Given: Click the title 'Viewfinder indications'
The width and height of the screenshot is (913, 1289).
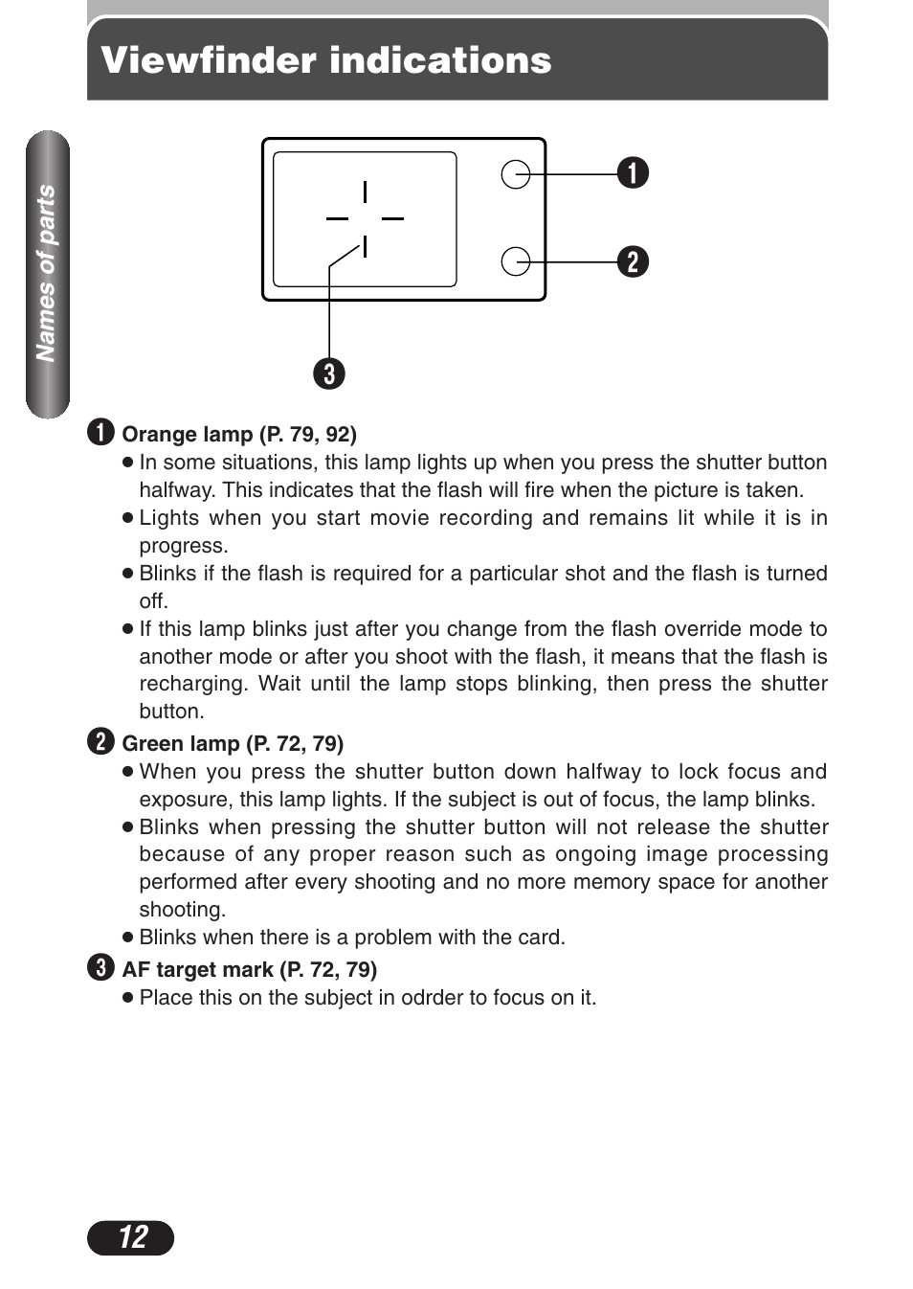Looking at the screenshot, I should (x=326, y=60).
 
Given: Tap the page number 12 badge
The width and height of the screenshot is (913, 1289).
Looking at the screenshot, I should (x=131, y=1237).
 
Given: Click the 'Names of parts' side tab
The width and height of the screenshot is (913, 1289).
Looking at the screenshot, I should (x=47, y=274).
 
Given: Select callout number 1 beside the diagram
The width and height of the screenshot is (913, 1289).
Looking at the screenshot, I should (x=633, y=173).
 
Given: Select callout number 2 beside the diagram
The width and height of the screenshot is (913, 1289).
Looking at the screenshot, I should (x=633, y=261).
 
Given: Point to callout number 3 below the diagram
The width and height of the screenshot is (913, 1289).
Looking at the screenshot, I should (x=329, y=373).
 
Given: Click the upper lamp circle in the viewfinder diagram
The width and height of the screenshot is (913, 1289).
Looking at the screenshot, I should (x=516, y=174).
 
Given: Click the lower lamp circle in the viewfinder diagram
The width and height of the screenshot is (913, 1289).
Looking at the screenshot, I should (x=516, y=261).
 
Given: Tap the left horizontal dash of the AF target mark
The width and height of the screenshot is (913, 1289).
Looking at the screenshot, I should (x=337, y=218).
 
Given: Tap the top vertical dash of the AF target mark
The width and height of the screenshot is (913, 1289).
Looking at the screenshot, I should (x=365, y=192).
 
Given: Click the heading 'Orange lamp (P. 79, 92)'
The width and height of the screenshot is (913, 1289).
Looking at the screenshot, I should (x=239, y=435).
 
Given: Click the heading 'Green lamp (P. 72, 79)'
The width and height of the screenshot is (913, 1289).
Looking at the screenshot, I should (x=233, y=744).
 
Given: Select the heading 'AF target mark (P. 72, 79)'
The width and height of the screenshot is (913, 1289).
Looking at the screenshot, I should (x=250, y=970).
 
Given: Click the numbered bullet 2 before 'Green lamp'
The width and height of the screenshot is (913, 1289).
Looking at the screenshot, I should (x=100, y=742).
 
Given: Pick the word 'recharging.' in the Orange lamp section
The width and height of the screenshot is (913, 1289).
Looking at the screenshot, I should (x=194, y=684).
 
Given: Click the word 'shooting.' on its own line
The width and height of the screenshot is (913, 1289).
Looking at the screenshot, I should (x=183, y=910).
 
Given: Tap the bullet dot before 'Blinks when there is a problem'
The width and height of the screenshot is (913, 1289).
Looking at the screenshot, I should (x=127, y=938).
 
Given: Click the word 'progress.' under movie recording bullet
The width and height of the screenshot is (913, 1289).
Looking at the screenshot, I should (x=184, y=546).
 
